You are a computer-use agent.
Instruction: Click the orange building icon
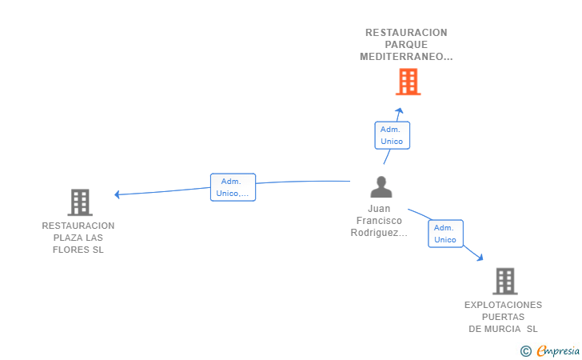408,82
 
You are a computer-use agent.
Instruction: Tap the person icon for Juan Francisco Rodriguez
381,186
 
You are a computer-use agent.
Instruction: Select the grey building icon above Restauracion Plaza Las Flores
80,202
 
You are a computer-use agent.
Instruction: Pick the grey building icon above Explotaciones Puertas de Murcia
505,282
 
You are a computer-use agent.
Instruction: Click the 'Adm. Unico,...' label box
233,187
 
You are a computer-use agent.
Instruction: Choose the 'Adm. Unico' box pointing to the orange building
392,135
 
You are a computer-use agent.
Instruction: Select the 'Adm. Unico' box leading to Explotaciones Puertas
445,234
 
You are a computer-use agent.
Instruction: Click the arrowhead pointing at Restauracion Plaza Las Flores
117,194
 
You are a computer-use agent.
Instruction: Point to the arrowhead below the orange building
400,110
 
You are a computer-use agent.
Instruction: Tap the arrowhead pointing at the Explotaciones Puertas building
480,257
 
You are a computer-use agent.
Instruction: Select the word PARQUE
406,45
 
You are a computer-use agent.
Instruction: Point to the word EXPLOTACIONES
503,305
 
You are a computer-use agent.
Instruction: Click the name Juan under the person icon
379,209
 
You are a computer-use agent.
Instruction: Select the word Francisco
379,221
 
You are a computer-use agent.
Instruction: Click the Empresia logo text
558,350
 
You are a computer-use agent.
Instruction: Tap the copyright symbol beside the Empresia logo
526,351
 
